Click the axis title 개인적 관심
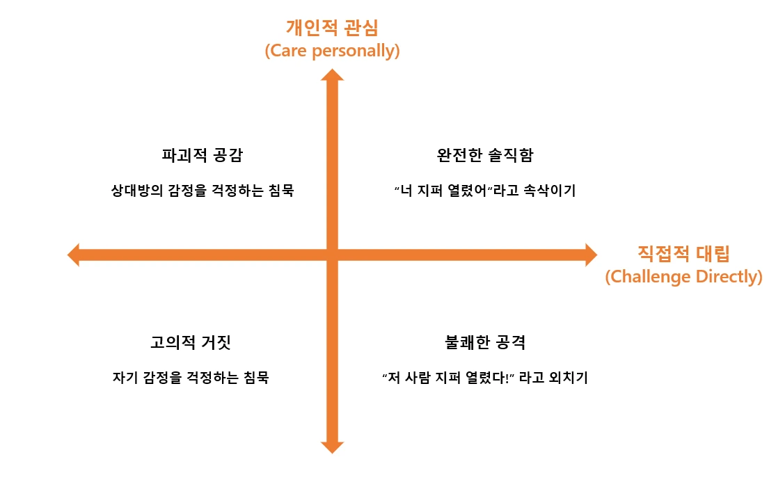pos(332,28)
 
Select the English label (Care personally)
pos(332,51)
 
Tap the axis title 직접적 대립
pos(683,252)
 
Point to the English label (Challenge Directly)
pos(683,277)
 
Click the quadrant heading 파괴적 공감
pos(202,155)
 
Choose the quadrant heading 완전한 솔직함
pos(485,155)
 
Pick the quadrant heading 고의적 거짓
pos(190,342)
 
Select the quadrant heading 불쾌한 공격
pos(484,342)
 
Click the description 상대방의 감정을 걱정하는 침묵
pos(203,191)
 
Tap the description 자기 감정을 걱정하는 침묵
pos(190,378)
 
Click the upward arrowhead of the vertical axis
pos(332,75)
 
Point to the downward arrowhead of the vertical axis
pos(332,446)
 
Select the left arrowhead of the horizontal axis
pos(74,255)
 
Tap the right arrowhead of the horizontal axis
pos(590,255)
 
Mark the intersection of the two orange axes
pos(332,255)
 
